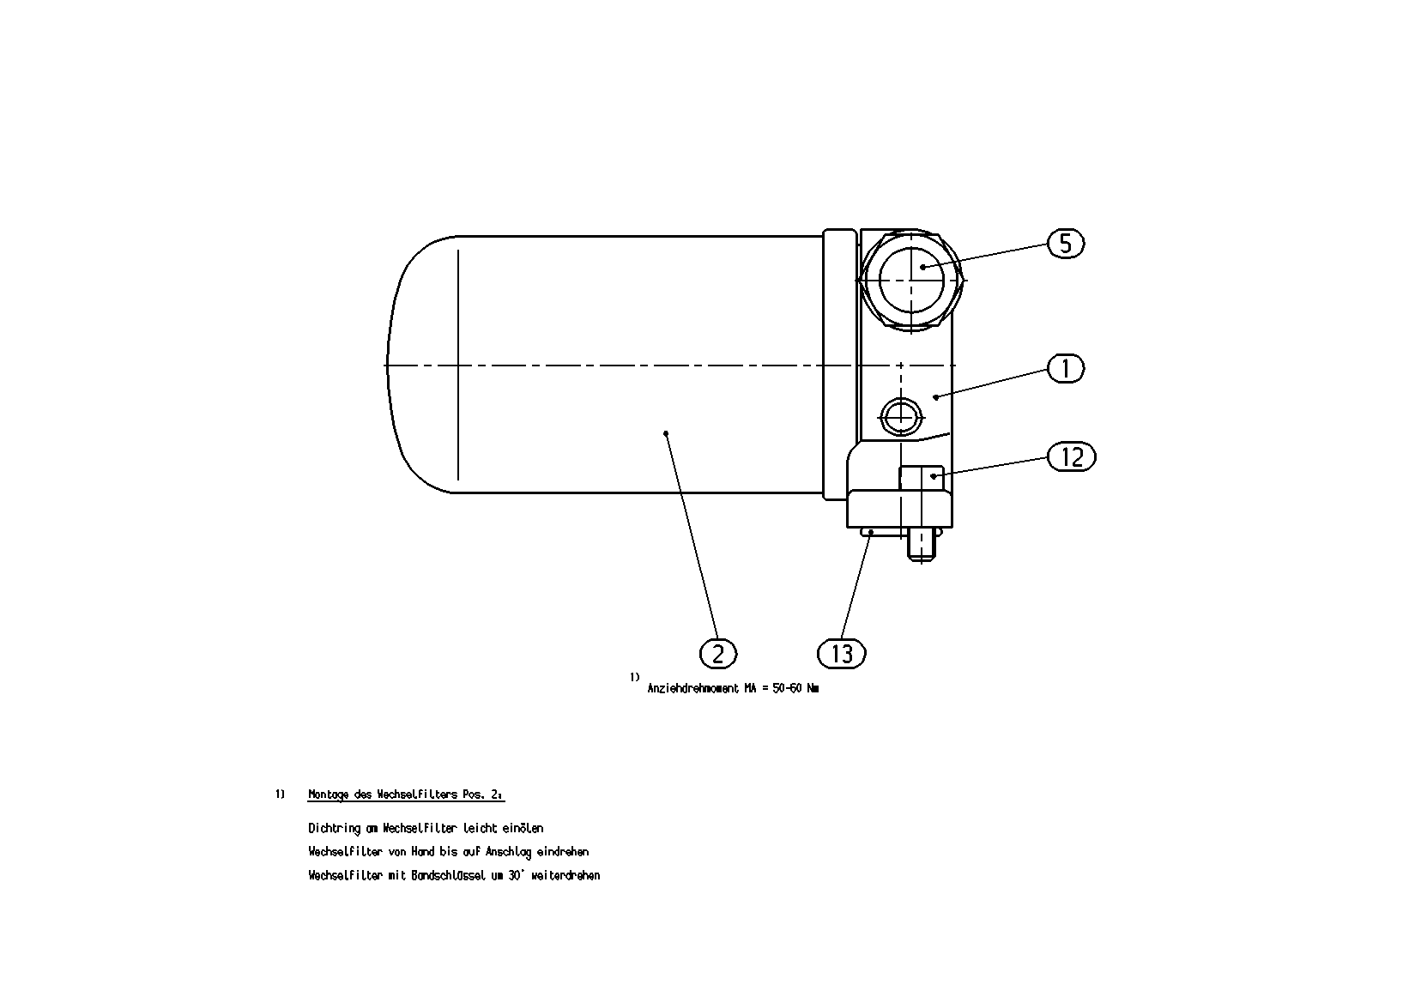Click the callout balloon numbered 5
pos(1065,244)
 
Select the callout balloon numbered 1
pos(1065,369)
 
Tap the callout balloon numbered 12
pos(1071,456)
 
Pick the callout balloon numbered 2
pos(718,654)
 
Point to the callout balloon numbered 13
pos(842,654)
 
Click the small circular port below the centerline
pos(900,417)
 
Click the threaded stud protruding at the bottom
pos(922,545)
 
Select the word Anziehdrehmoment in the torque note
pos(693,688)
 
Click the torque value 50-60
pos(787,688)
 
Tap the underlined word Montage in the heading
pos(328,795)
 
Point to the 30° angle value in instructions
pos(515,875)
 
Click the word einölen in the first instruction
pos(527,828)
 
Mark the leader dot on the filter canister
pos(666,434)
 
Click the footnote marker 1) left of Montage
pos(280,795)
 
